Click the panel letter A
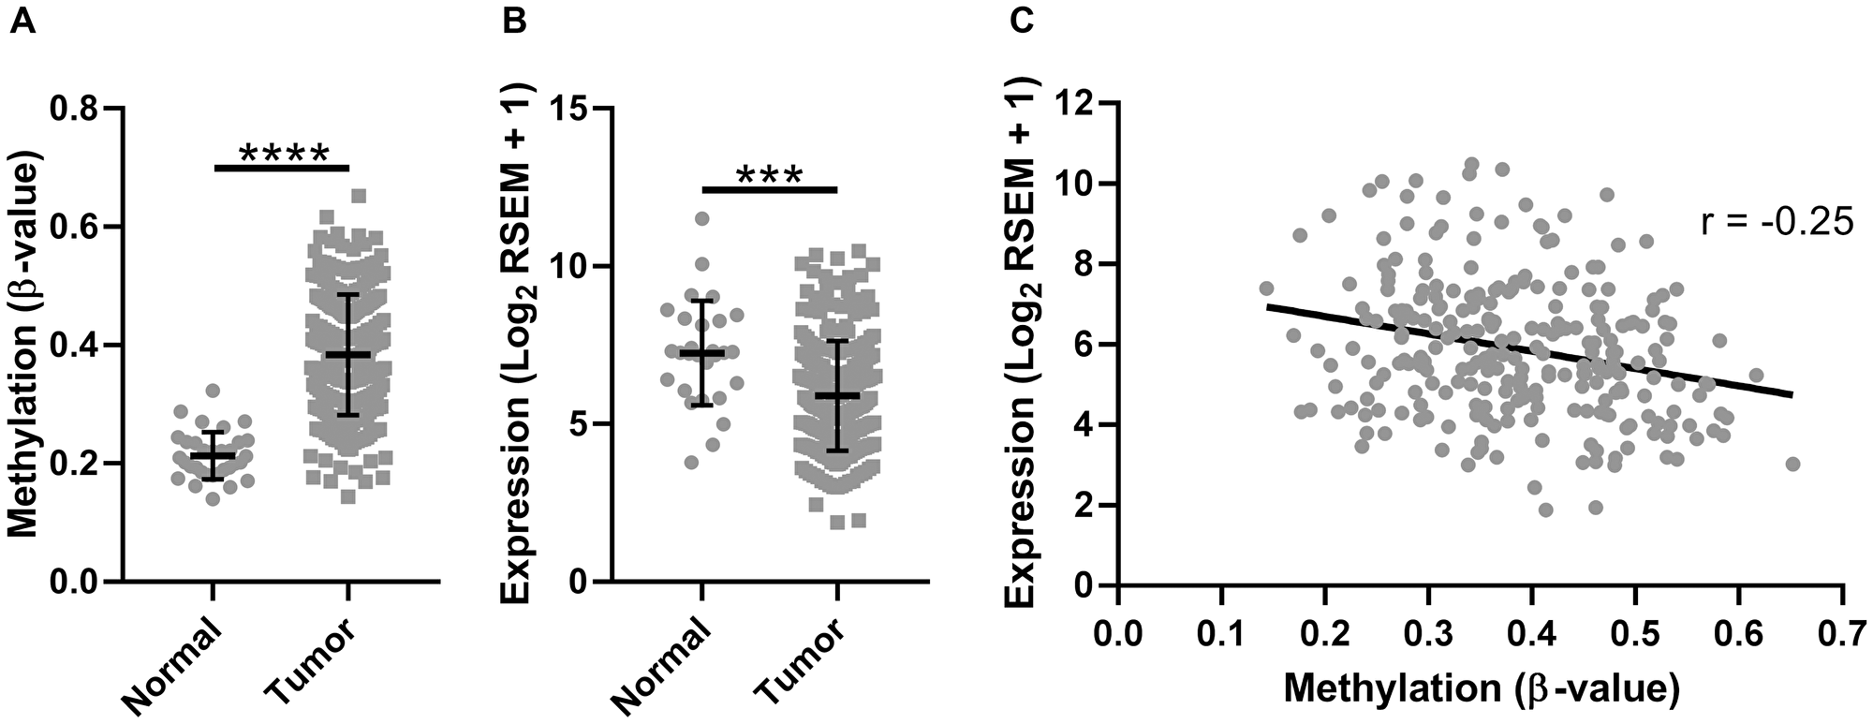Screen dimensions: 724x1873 [x=23, y=22]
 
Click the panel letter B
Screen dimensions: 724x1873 [x=514, y=22]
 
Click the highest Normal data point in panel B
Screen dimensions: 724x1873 [x=701, y=218]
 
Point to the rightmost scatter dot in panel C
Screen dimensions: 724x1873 [x=1792, y=464]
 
